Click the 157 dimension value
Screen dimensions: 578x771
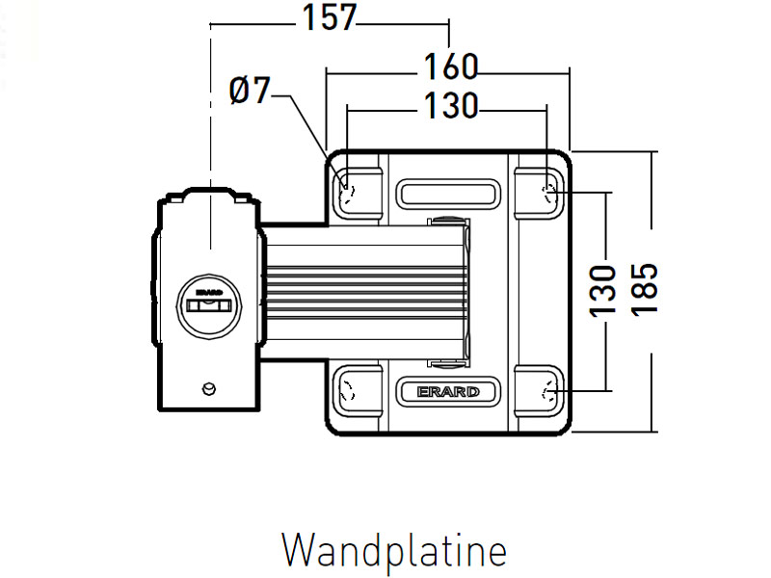point(330,18)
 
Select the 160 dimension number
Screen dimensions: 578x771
point(450,67)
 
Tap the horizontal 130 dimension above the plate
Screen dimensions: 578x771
point(450,107)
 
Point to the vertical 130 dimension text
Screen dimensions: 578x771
point(601,290)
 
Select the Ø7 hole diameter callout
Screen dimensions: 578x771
point(251,92)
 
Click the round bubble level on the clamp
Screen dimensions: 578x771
point(209,305)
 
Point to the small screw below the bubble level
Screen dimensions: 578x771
point(207,388)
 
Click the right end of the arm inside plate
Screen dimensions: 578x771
point(466,289)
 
